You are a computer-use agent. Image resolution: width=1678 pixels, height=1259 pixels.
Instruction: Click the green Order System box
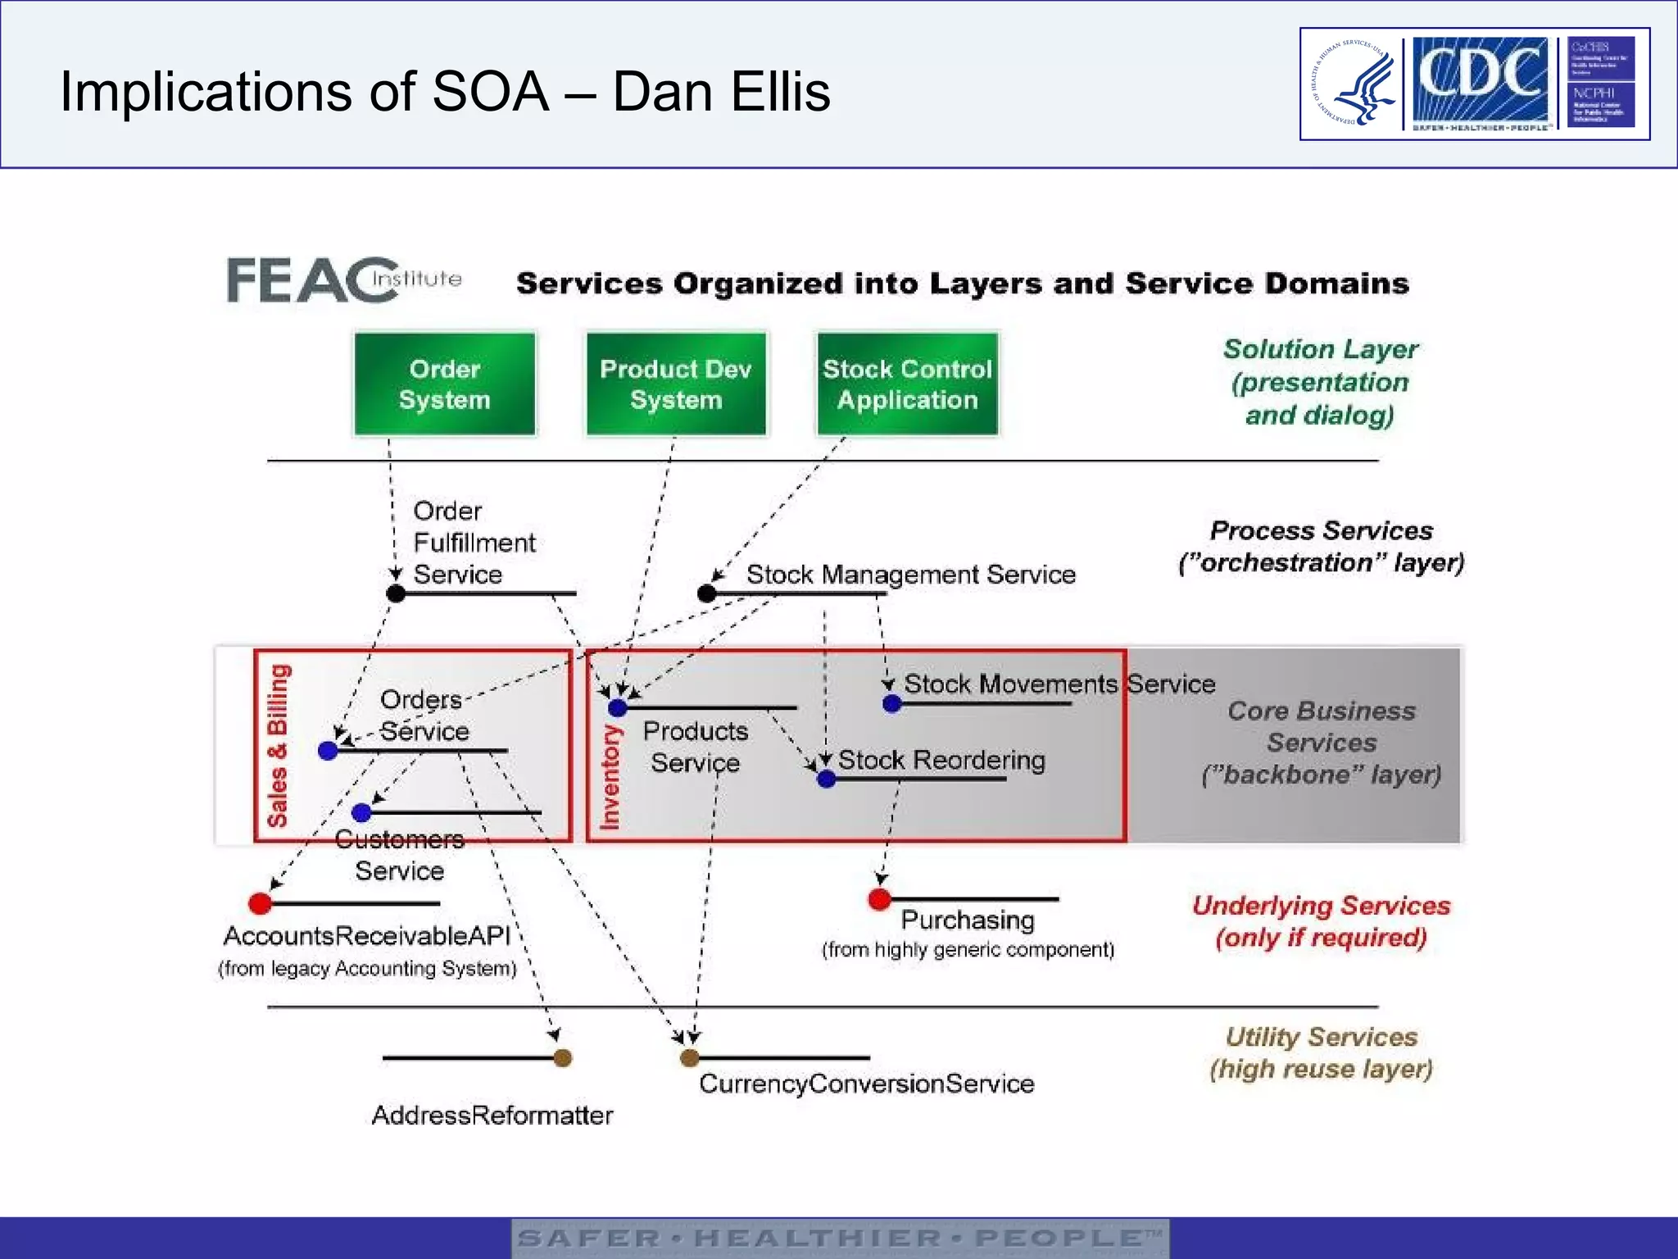445,384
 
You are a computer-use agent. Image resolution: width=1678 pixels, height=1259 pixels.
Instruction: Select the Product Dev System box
676,384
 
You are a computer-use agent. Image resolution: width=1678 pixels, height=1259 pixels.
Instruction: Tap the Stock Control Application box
907,384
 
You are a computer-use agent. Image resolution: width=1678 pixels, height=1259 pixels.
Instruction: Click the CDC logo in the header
1480,82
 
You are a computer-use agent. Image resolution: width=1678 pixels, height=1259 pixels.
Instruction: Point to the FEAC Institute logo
344,280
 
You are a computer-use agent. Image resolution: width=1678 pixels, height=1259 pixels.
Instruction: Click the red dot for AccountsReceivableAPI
260,903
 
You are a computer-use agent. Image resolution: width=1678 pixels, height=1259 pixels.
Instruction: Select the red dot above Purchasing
879,899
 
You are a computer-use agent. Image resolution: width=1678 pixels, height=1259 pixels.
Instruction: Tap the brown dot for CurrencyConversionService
690,1057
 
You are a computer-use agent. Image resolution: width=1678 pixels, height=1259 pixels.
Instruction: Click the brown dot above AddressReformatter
562,1057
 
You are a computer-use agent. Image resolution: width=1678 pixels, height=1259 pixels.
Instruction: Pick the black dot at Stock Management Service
707,593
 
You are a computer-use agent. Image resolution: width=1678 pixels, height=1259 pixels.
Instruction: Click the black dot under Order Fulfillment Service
396,593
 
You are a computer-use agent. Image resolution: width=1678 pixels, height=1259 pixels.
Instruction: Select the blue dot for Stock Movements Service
892,703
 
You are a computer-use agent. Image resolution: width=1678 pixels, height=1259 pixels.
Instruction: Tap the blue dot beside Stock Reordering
827,779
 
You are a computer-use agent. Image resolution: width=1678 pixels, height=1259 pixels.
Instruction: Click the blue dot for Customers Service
361,812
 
